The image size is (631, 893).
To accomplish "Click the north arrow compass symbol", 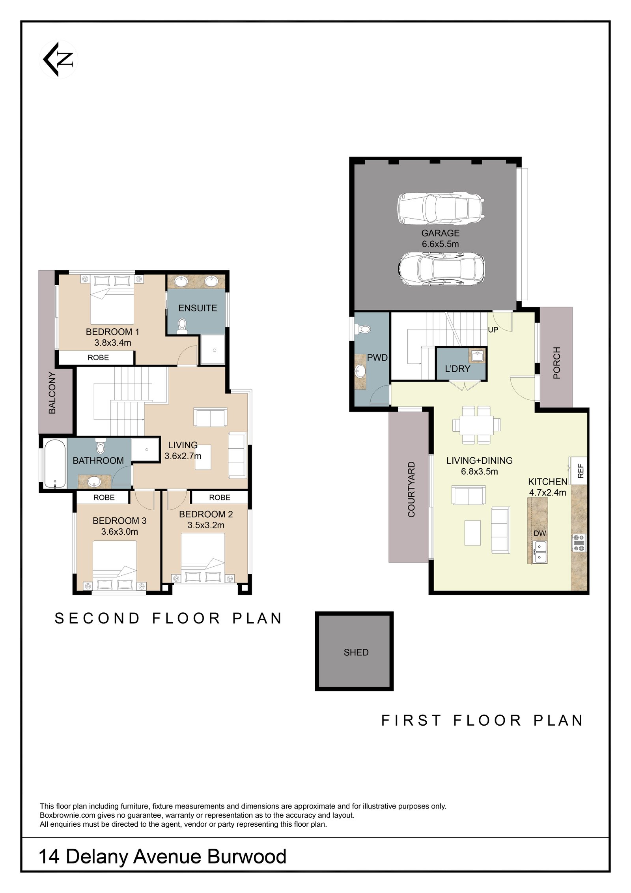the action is point(58,60).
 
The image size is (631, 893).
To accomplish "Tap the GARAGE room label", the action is point(440,233).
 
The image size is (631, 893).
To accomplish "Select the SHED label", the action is point(356,652).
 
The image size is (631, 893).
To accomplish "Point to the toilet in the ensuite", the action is point(182,326).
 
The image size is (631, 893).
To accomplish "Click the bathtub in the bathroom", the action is point(54,464).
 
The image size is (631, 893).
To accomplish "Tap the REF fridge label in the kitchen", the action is point(580,471).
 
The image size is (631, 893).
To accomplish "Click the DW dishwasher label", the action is point(540,534).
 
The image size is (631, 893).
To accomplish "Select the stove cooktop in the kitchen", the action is point(579,543).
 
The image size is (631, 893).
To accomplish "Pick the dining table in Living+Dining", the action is point(477,425).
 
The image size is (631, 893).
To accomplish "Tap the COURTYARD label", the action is point(411,489).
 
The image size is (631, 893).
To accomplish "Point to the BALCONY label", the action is point(52,393).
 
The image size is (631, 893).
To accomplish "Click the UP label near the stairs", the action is point(493,330).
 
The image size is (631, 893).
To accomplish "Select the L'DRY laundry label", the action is point(457,369).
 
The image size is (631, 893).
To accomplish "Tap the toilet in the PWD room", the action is point(363,329).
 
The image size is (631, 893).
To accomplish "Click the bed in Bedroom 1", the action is point(112,300).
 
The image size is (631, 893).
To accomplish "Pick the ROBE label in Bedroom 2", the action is point(220,498).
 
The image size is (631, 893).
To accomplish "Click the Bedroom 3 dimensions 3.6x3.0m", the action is point(119,532).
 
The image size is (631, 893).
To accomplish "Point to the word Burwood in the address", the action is point(247,857).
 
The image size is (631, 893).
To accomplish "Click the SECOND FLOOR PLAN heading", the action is point(168,618).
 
